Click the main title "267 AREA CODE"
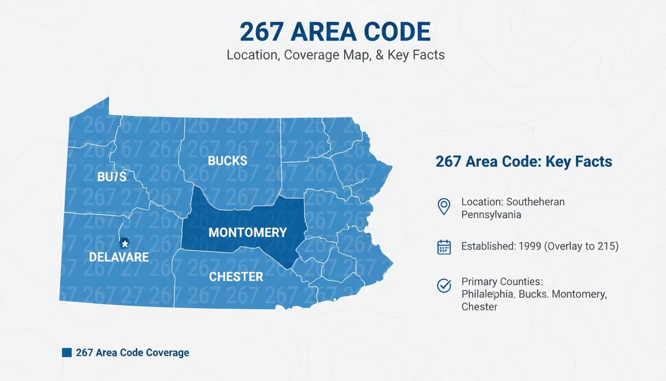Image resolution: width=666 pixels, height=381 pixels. pos(335,32)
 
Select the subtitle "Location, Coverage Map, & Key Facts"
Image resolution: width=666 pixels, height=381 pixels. pos(335,55)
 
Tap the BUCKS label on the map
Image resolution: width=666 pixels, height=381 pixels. pos(227,161)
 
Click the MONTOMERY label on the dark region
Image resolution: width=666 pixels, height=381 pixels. pos(247,232)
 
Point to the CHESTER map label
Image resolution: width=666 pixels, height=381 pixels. pos(236,277)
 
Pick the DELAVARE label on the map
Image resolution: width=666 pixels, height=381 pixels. pos(119,257)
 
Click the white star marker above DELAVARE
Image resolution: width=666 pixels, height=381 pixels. pos(125,243)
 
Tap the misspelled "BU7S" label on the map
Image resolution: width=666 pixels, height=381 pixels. pos(112,177)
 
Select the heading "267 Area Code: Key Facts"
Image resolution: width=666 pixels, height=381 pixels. pos(524,162)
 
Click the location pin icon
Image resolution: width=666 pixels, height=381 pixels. pos(444,206)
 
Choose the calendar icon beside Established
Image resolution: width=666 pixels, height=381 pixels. pos(444,247)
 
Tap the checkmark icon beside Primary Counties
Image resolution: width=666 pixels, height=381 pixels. pos(444,285)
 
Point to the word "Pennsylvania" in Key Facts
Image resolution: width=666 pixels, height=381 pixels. pos(491,215)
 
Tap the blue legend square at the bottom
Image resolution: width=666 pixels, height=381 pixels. pos(67,353)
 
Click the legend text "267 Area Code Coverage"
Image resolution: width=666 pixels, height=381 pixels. pos(132,353)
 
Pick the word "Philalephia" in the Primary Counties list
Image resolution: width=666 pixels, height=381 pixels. pos(489,294)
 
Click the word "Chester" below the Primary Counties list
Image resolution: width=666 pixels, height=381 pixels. pos(479,307)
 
